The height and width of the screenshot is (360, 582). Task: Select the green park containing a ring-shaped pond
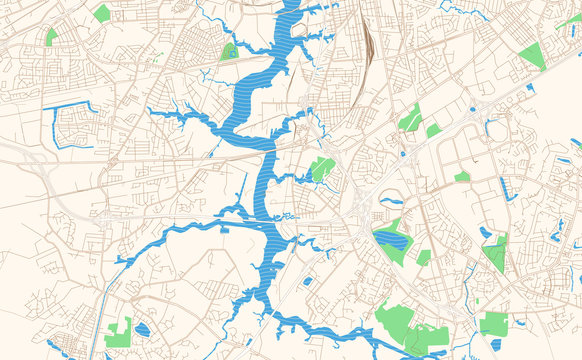(230, 50)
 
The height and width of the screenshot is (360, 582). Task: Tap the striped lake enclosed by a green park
(391, 239)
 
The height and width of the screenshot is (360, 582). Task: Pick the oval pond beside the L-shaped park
(142, 328)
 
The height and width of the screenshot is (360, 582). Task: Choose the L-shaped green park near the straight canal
(119, 332)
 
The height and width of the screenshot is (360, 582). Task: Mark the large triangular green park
(531, 55)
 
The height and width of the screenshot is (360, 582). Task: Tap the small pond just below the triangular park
(530, 87)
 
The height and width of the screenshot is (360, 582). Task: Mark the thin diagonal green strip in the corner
(569, 20)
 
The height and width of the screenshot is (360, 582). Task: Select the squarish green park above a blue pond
(493, 323)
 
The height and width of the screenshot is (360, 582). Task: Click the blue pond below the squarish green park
(496, 345)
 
